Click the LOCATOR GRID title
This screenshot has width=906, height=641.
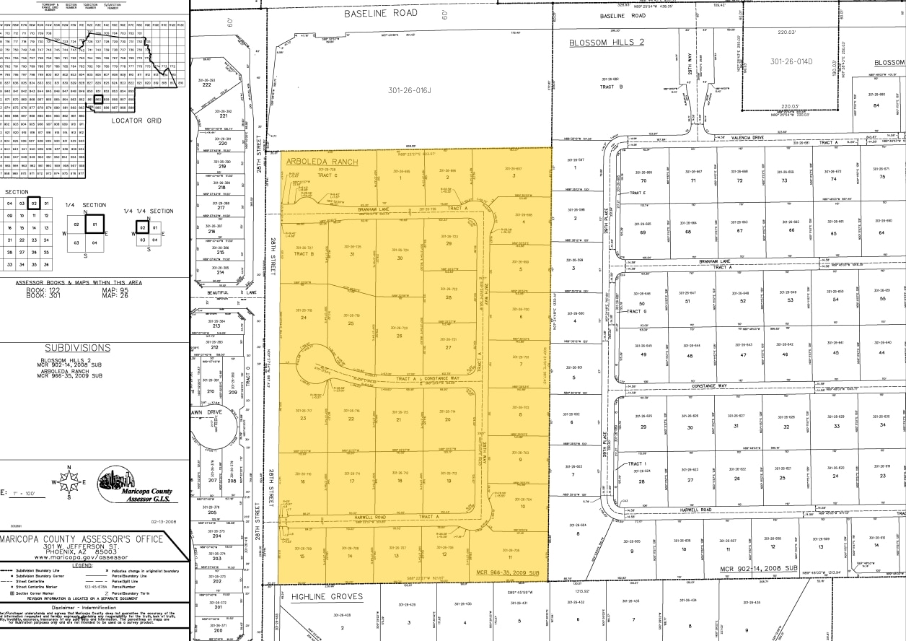[x=134, y=121]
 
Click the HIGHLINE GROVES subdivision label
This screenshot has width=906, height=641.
[x=327, y=597]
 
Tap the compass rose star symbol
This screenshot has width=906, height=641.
[x=69, y=482]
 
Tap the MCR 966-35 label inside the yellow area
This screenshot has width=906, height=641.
[x=508, y=572]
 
